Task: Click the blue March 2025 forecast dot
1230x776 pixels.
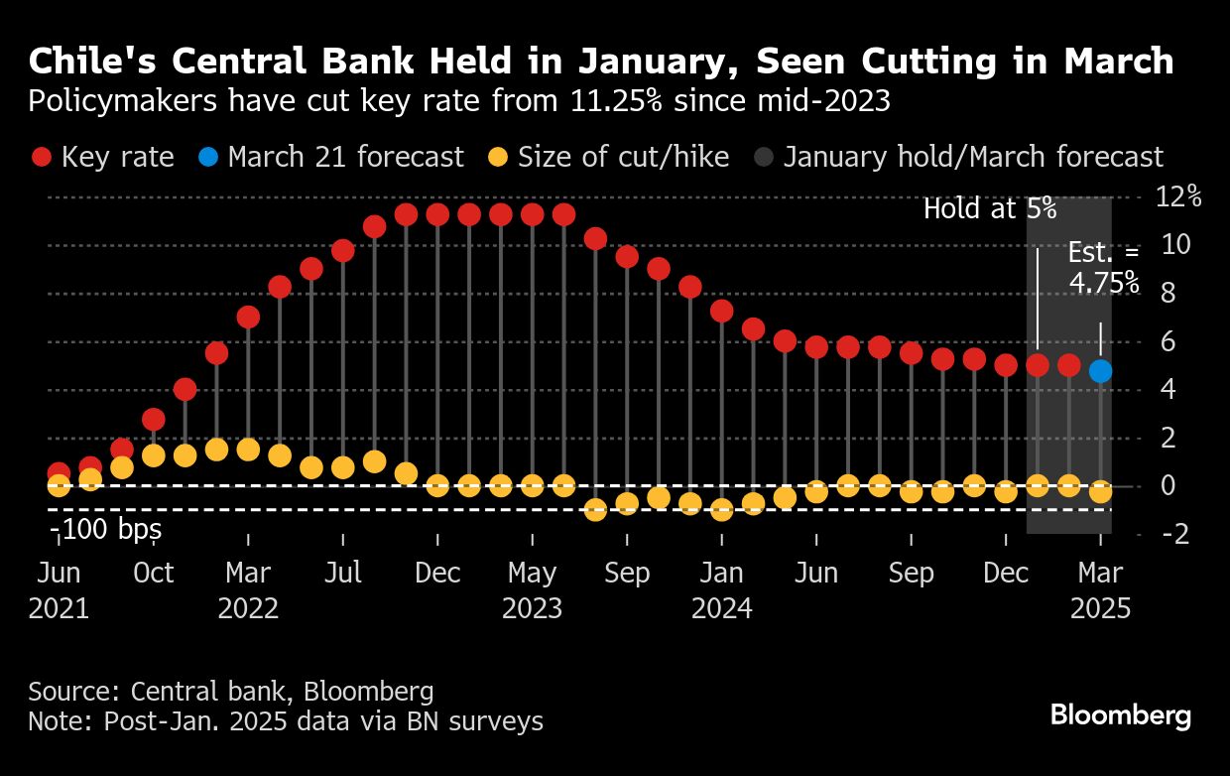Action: (1100, 371)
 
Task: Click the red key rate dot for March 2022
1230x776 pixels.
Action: (248, 318)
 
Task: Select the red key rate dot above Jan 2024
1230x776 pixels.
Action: (722, 311)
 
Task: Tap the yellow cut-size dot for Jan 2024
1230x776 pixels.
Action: (722, 509)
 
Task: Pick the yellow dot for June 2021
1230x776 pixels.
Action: (59, 485)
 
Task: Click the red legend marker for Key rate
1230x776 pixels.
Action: (42, 158)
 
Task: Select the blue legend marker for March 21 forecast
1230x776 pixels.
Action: (208, 158)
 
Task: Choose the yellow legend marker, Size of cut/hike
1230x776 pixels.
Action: (499, 158)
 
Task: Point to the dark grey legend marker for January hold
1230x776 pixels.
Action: (764, 158)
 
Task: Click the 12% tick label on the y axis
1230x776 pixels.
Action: (1178, 196)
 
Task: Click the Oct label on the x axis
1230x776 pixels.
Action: (154, 574)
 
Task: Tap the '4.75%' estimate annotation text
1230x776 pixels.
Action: (1103, 284)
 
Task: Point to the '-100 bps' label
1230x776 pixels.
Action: (105, 530)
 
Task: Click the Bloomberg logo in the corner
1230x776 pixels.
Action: (1120, 715)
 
